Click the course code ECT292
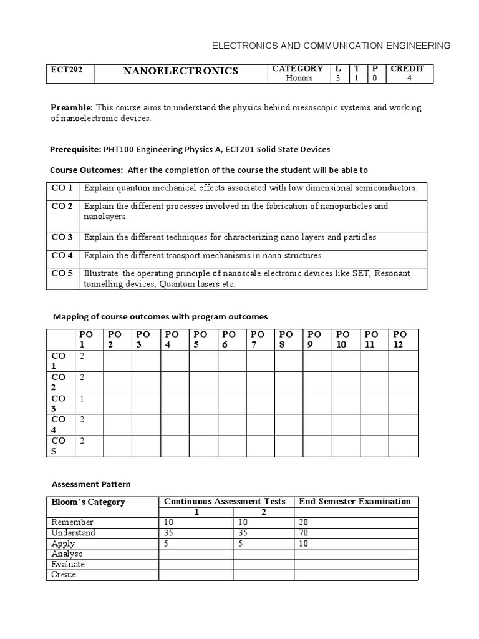64,69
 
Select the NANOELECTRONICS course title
181,71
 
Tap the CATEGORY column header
298,69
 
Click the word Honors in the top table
299,79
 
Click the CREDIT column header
407,69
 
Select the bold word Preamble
71,108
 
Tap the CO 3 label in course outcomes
62,237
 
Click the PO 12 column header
400,339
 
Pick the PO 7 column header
258,339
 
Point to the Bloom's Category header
88,502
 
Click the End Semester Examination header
355,501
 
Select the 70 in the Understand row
304,533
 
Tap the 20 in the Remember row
304,522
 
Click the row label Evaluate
68,564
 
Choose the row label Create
64,574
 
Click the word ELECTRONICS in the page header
244,46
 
